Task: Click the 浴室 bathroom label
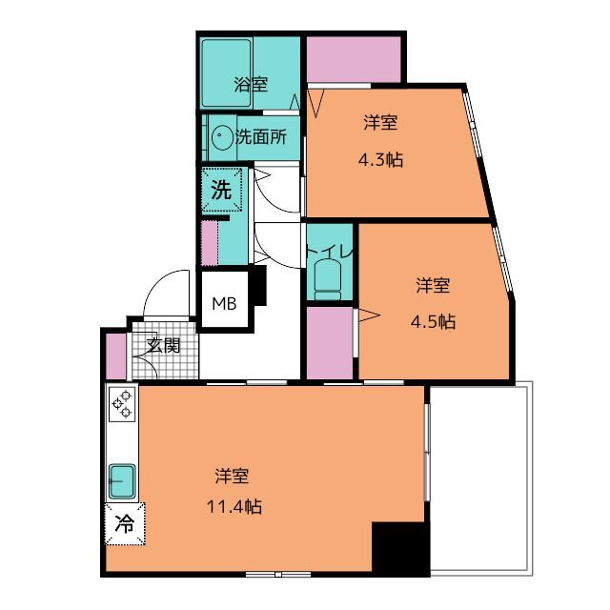252,84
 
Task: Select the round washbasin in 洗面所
222,137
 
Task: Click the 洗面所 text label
261,136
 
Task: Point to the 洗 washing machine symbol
221,190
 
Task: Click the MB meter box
225,304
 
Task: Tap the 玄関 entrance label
163,345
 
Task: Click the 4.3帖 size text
379,159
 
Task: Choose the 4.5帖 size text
434,321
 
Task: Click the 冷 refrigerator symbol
124,522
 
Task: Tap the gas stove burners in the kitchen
123,404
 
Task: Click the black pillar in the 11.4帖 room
399,549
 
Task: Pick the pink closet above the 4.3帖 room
353,59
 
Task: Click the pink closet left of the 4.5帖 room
328,340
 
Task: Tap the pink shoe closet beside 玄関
115,355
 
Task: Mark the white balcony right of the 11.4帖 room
482,477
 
